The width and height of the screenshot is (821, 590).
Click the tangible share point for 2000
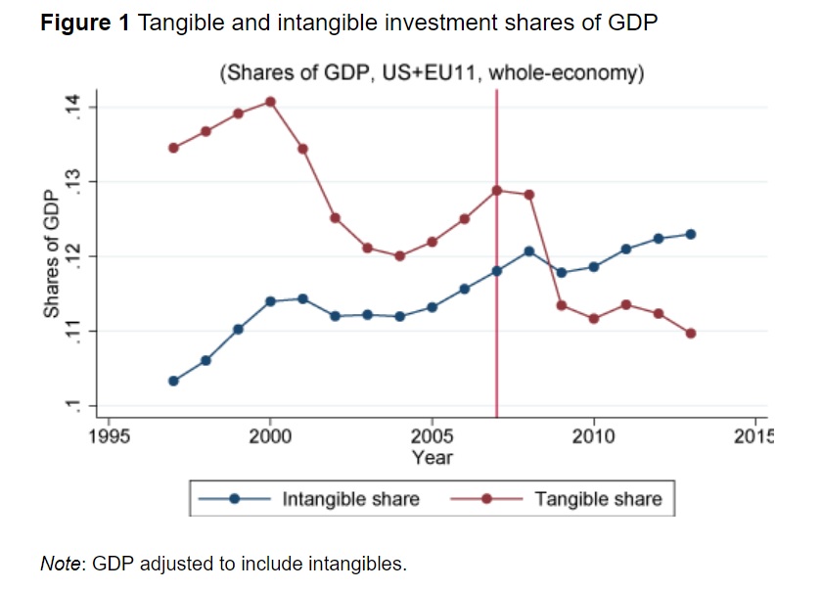(270, 102)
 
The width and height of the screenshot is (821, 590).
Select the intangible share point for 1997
(173, 381)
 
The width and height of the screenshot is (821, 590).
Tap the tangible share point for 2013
(691, 333)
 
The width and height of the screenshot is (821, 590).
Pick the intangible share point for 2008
(528, 250)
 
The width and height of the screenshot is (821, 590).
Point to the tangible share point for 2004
(399, 255)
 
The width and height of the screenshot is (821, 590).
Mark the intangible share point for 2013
(691, 234)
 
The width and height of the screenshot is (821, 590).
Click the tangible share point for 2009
(561, 305)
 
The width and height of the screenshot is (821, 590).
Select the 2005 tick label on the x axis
(432, 436)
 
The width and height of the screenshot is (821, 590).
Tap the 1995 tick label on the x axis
(109, 436)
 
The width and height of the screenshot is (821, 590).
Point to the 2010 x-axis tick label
(593, 436)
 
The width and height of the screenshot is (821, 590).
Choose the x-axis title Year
(432, 456)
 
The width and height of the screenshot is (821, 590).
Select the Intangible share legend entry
(350, 499)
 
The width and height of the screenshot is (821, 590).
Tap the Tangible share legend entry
(597, 499)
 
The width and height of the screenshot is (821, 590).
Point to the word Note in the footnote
(61, 564)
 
